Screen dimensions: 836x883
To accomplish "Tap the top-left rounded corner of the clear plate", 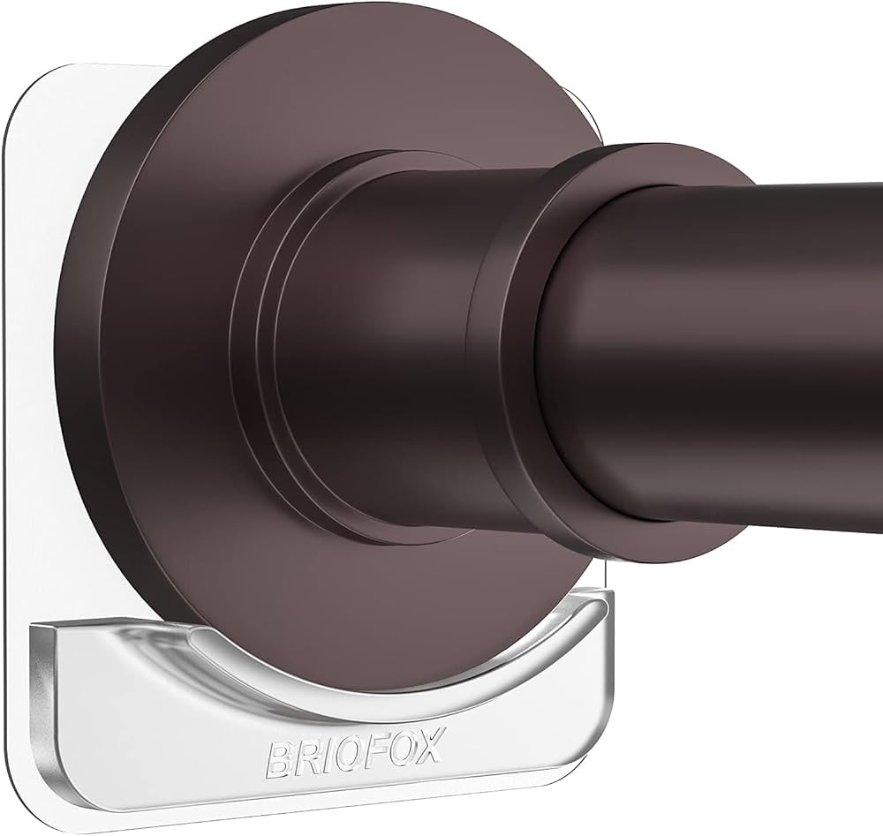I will [x=26, y=97].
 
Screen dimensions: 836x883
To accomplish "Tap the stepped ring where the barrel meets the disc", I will [x=256, y=353].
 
